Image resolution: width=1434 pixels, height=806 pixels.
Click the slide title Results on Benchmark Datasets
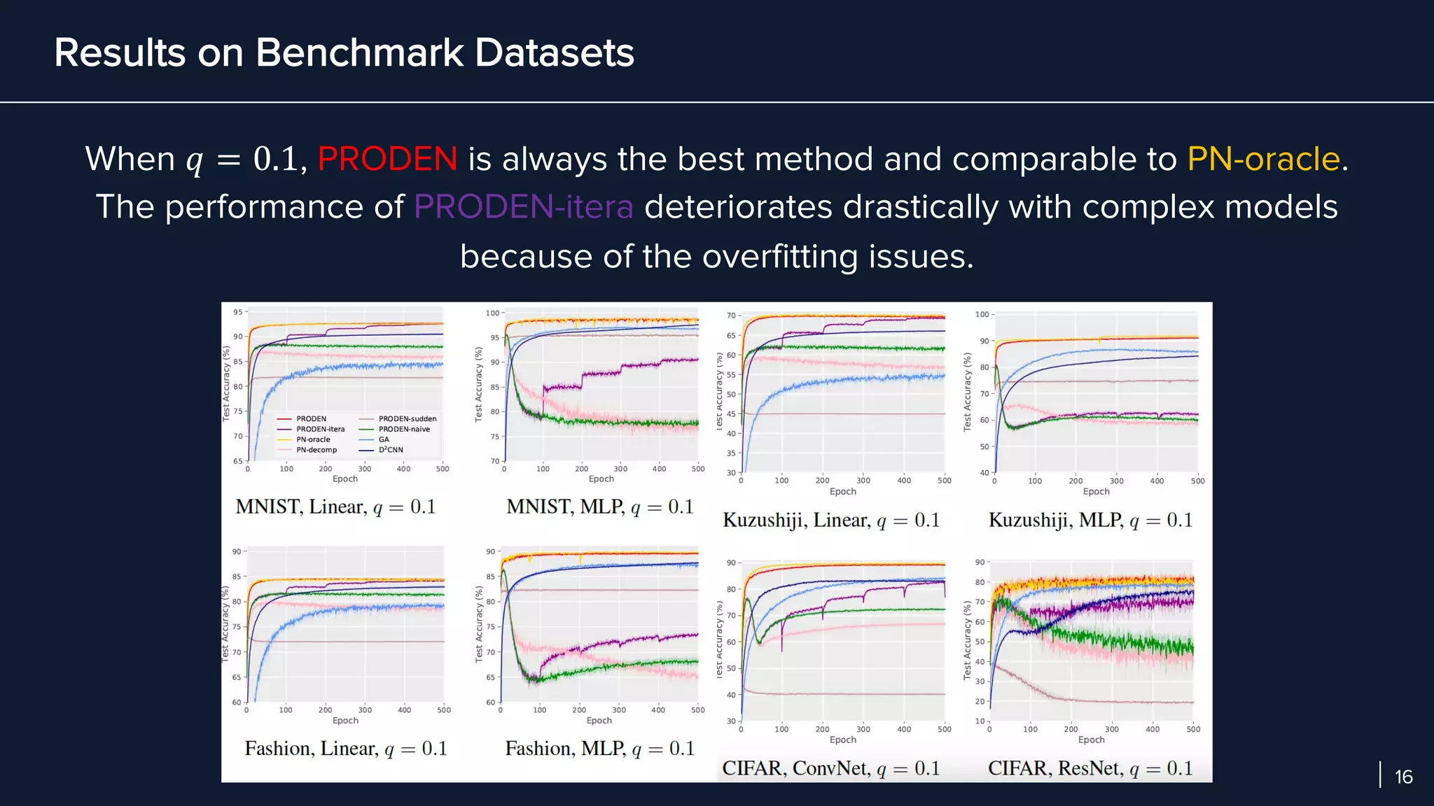pos(344,53)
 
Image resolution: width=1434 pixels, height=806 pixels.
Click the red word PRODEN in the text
pos(387,160)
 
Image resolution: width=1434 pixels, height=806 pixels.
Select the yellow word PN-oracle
pos(1263,160)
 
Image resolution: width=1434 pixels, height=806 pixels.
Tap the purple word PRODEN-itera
pos(523,208)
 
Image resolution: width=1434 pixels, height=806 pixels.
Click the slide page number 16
pos(1403,777)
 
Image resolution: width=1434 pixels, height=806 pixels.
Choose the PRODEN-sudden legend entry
pos(407,419)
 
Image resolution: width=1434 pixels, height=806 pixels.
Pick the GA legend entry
pos(384,440)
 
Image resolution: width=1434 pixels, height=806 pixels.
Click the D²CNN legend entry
pos(391,450)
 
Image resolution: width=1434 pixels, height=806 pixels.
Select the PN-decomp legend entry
pos(316,450)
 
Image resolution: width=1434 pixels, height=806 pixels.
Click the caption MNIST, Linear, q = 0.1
pos(335,507)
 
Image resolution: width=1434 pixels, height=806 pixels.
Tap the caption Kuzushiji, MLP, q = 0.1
pos(1090,521)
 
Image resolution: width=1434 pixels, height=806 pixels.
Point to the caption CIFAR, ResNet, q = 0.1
pos(1090,768)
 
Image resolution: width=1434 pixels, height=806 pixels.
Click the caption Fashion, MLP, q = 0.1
pos(599,749)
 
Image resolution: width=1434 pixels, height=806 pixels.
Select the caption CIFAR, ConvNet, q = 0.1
pos(830,768)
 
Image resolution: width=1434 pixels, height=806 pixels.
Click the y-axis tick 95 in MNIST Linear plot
pos(238,312)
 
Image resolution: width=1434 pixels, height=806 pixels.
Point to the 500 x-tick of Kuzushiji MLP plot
pos(1197,481)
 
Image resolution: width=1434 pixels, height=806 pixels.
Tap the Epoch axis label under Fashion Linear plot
pos(345,721)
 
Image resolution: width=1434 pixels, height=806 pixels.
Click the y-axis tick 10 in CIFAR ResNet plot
pos(980,721)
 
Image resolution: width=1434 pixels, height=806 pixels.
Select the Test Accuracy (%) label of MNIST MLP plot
pos(479,384)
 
